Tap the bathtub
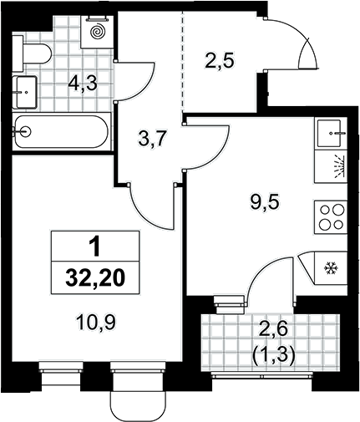61,131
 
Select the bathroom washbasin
26,92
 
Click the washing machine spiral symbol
98,31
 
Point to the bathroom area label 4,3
84,84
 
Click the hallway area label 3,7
152,140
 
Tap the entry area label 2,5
219,61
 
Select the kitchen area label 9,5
264,204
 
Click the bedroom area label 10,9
96,323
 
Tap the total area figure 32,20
94,278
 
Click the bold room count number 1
94,247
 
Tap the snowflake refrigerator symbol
331,268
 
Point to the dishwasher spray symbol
339,166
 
